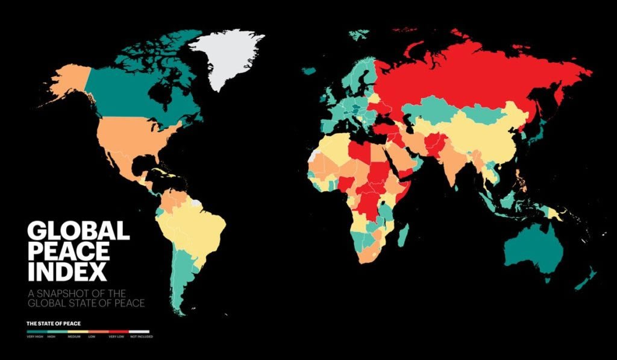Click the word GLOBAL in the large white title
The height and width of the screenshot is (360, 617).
(78, 232)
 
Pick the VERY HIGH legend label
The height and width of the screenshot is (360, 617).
(34, 336)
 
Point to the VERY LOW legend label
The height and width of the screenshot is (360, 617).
(116, 336)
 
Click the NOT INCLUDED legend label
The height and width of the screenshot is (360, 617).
(143, 336)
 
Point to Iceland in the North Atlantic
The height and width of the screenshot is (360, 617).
(309, 71)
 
